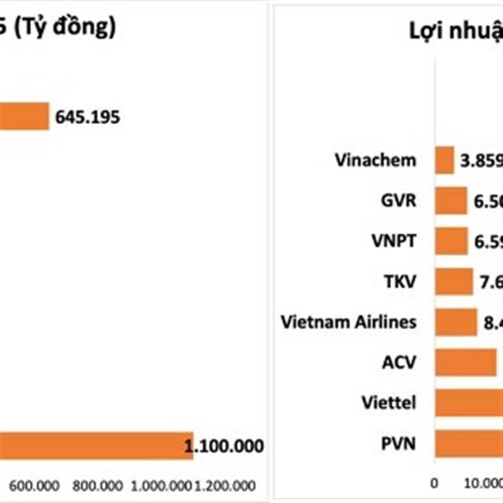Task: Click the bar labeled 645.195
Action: (23, 117)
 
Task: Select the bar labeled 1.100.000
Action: (92, 446)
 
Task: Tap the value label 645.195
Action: (87, 117)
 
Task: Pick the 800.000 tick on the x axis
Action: (97, 485)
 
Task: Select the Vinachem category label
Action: (375, 160)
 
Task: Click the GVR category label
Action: (399, 200)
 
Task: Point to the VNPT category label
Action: (395, 241)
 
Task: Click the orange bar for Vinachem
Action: (444, 160)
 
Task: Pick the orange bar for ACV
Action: (465, 362)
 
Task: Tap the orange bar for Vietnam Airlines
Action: (455, 321)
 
